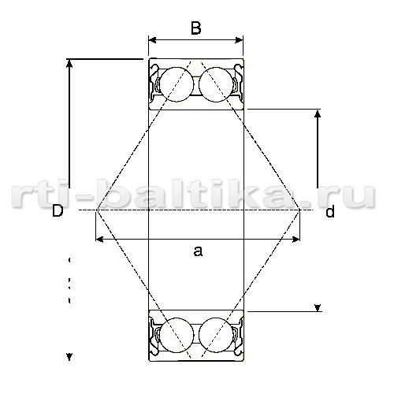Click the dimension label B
tap(196, 28)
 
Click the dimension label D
tap(58, 210)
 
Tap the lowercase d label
tap(330, 211)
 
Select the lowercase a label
tap(198, 251)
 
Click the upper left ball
tap(177, 84)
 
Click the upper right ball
tap(216, 84)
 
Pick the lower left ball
tap(177, 335)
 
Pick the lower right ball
tap(216, 335)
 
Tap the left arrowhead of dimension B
tap(152, 40)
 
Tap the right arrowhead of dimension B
tap(239, 40)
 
